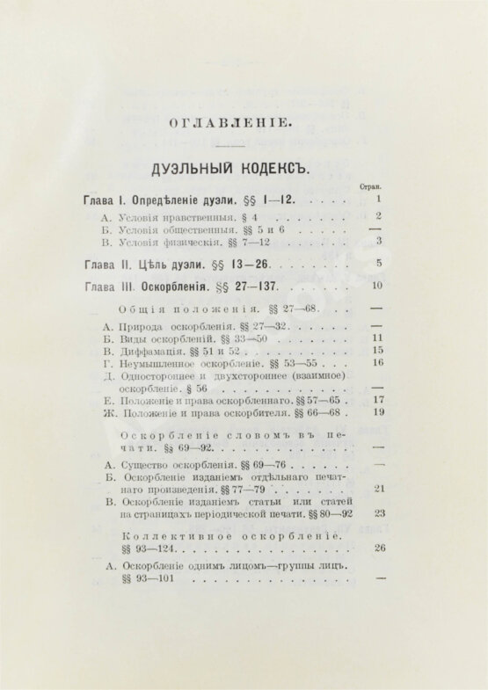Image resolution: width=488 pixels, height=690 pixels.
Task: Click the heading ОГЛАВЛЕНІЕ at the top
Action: pyautogui.click(x=230, y=122)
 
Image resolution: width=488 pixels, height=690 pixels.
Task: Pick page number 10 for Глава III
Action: pyautogui.click(x=377, y=286)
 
